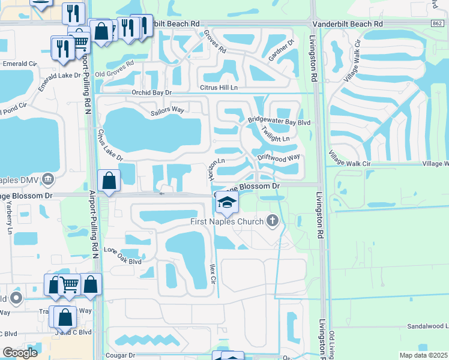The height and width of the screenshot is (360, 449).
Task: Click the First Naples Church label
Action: [226, 222]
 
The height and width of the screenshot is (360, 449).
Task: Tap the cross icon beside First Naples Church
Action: [273, 221]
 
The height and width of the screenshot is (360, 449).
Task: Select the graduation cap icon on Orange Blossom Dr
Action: [226, 203]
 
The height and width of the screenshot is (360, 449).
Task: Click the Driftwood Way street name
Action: [279, 158]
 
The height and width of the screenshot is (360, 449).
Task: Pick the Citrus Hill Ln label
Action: [217, 88]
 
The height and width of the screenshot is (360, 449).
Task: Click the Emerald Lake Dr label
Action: [60, 76]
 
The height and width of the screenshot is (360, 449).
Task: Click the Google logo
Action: [20, 352]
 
